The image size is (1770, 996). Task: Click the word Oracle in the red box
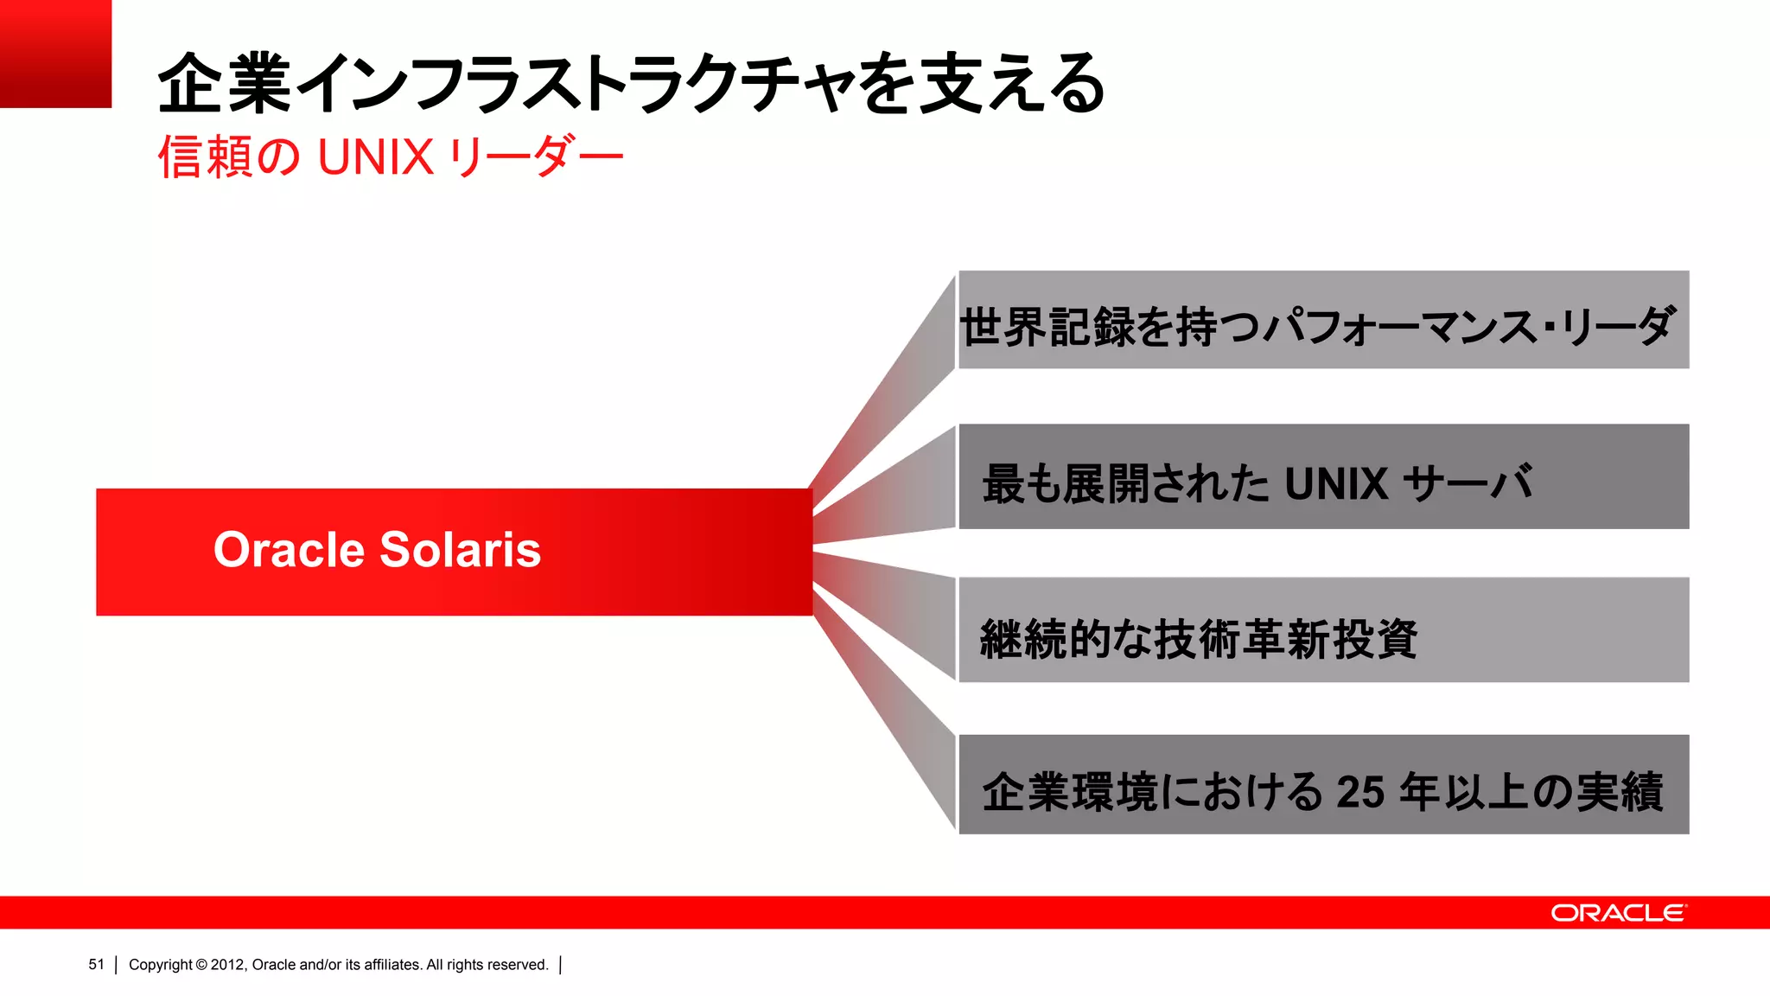(290, 550)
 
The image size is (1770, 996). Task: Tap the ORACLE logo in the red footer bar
(1618, 913)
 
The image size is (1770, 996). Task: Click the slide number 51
(96, 965)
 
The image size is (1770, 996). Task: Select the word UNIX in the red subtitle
(375, 157)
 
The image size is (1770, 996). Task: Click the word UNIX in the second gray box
(1335, 483)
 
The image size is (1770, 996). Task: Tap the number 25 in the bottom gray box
(1360, 791)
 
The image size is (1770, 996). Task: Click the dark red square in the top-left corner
(55, 53)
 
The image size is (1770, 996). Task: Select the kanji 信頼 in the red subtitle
(205, 157)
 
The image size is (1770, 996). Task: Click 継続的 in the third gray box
(1046, 640)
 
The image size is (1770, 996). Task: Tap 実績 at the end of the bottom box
(1620, 791)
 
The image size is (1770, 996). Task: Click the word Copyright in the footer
(160, 965)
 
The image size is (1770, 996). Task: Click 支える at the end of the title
(1011, 83)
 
